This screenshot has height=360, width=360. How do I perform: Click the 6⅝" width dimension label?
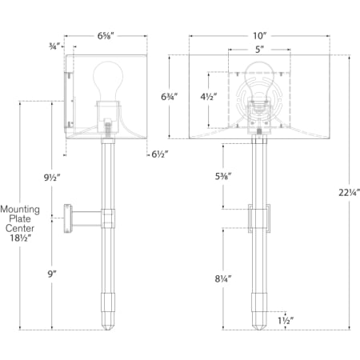[x=106, y=36]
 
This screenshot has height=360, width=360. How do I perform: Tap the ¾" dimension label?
[x=53, y=46]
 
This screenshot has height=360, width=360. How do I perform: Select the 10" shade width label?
[x=259, y=36]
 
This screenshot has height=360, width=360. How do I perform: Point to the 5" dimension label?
[x=259, y=50]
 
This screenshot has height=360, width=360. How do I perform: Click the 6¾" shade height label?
[x=170, y=97]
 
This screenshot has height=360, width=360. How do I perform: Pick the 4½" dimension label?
[x=209, y=97]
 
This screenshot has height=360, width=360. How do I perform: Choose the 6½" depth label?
[x=160, y=154]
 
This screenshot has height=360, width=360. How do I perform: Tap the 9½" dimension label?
[x=53, y=178]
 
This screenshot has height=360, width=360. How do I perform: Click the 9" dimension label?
[x=52, y=274]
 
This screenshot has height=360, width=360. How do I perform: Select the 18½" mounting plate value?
[x=20, y=238]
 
